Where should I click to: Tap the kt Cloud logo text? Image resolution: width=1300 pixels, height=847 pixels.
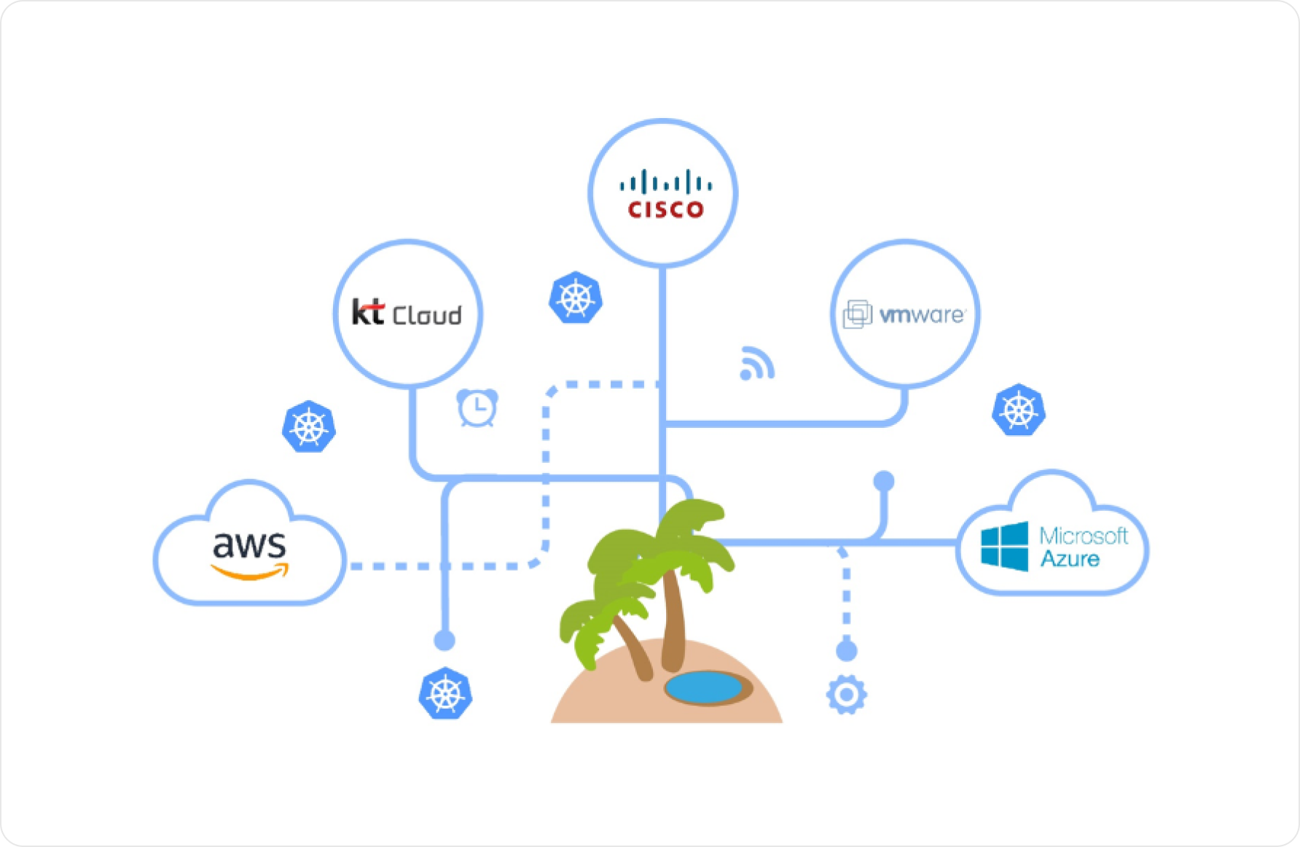(407, 313)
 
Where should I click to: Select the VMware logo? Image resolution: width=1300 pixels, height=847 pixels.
(904, 314)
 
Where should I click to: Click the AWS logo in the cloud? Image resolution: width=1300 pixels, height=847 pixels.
(249, 554)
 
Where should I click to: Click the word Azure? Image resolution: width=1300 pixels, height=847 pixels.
(1070, 559)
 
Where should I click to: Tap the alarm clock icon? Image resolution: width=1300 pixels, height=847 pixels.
(477, 407)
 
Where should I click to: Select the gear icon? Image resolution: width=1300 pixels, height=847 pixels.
(846, 695)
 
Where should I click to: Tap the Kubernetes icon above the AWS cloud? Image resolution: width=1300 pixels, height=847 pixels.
(309, 426)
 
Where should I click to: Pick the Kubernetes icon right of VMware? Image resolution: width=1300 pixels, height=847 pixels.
(1019, 410)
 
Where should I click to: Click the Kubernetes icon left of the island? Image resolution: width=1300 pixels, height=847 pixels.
(445, 693)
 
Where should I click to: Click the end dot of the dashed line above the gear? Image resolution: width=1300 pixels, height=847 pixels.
(846, 650)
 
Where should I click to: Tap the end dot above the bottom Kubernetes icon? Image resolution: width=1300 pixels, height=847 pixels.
(445, 640)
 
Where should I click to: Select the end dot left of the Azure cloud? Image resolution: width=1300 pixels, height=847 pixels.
(884, 481)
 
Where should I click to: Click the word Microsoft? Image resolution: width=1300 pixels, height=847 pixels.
(1083, 536)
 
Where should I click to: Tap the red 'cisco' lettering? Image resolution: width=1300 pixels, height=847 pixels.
(665, 210)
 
